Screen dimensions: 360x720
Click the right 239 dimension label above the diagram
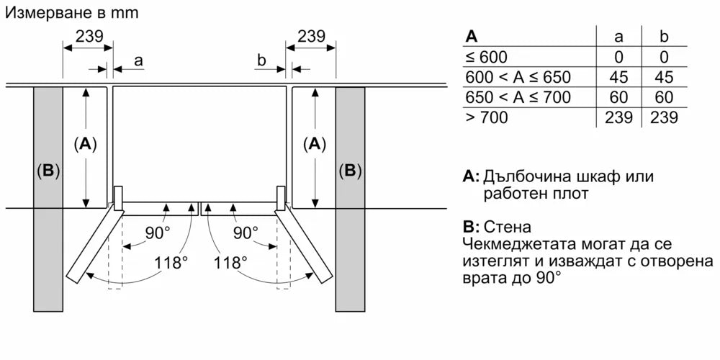point(311,36)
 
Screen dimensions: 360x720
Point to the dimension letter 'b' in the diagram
point(262,60)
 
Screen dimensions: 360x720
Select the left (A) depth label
point(86,144)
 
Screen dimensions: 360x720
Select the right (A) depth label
point(314,144)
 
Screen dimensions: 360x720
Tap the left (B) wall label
point(48,171)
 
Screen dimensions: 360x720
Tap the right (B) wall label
point(350,171)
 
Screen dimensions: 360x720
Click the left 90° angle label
point(158,233)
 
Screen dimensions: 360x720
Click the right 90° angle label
point(246,233)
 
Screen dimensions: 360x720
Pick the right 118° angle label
point(230,263)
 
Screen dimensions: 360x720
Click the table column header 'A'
point(472,36)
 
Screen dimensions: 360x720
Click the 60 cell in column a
point(618,98)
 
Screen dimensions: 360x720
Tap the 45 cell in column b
point(663,78)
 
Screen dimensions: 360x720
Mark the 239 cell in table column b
point(663,118)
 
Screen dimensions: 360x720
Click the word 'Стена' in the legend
point(513,226)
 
